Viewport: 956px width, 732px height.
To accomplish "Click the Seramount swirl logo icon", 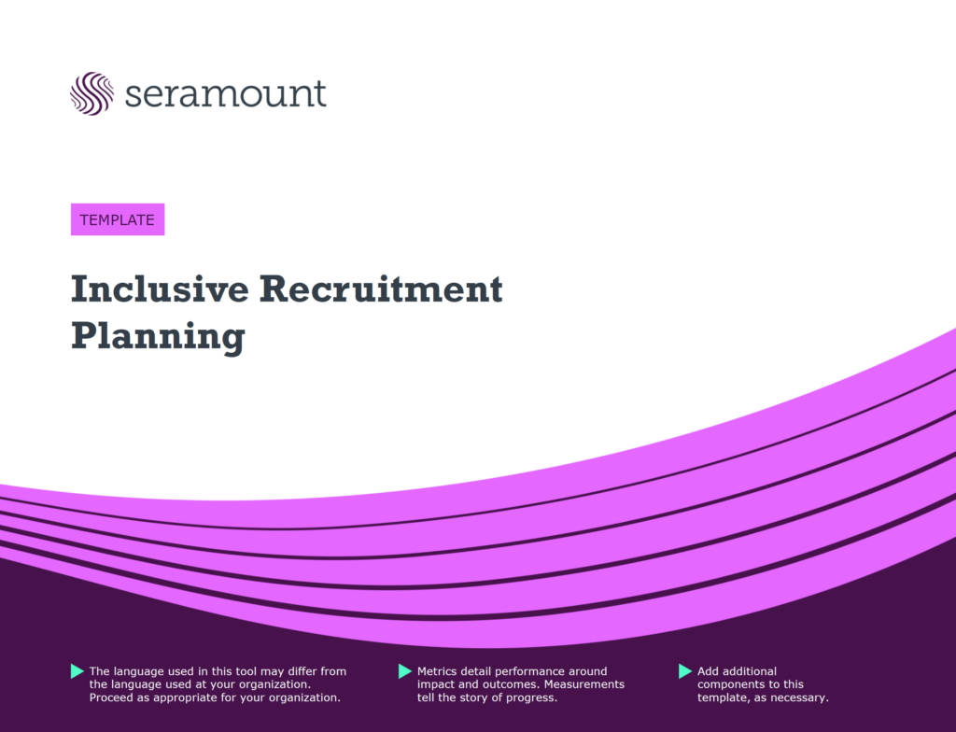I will [91, 93].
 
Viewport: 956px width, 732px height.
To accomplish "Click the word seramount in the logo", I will [225, 93].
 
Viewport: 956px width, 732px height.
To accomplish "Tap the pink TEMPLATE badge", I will [118, 219].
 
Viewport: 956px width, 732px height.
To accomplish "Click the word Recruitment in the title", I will [381, 289].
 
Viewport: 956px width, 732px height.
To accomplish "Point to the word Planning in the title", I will [158, 337].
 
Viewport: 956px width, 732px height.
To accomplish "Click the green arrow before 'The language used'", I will [77, 671].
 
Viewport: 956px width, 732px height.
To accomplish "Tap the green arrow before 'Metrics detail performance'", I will [405, 671].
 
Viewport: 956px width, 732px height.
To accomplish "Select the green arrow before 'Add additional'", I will [685, 671].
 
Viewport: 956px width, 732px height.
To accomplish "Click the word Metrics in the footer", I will [437, 671].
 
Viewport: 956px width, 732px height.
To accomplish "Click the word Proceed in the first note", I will [112, 697].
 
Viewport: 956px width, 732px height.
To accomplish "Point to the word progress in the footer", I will [534, 697].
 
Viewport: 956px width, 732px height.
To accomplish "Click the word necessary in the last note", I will [800, 697].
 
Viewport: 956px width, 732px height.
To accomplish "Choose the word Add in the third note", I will [709, 671].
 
